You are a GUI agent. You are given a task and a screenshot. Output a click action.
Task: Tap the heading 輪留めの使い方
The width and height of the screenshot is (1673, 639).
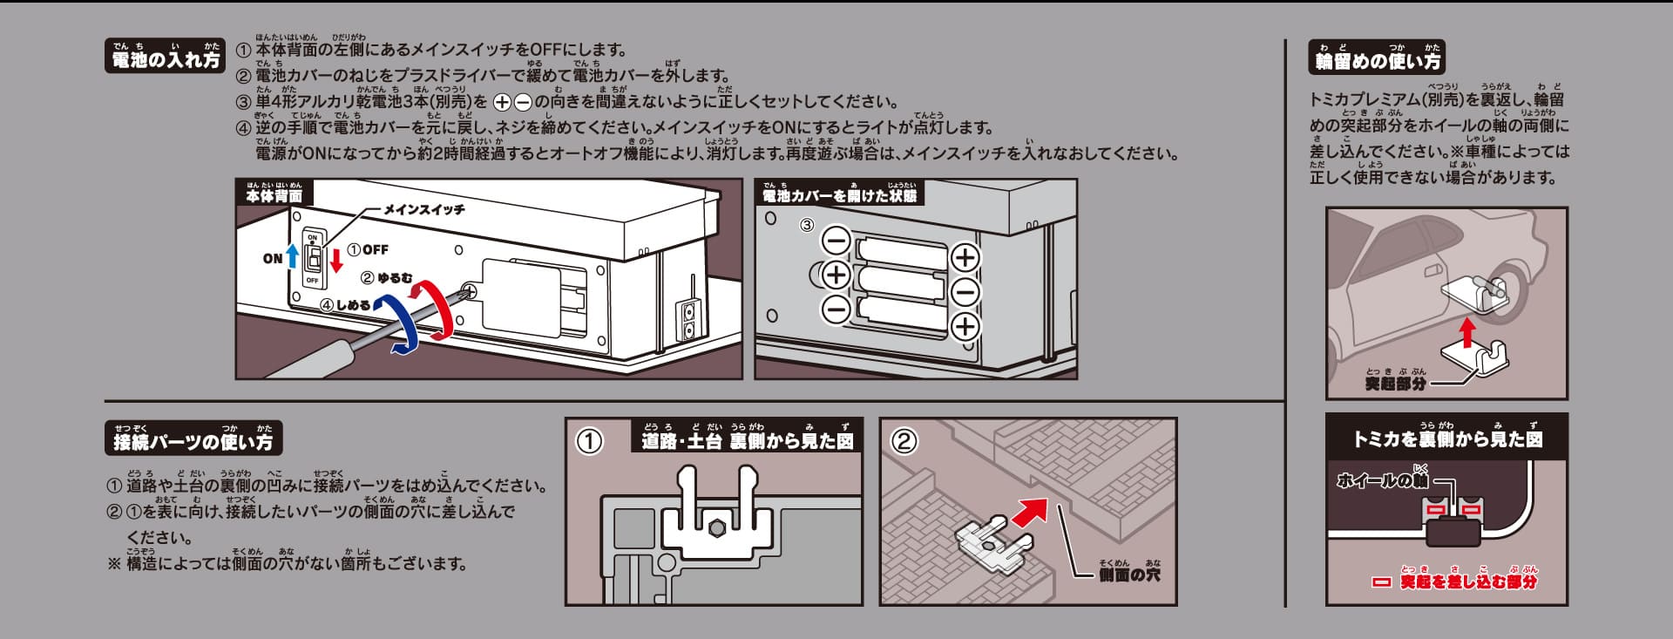point(1378,57)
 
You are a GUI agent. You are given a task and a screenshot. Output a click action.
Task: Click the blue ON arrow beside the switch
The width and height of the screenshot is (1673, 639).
point(293,256)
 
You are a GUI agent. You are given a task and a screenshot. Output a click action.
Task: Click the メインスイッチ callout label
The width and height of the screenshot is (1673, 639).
point(424,210)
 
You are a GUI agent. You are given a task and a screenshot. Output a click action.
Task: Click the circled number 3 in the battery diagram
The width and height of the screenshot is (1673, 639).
point(807,225)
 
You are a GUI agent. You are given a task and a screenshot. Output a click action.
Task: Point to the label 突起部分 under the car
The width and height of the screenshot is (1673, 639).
point(1396,382)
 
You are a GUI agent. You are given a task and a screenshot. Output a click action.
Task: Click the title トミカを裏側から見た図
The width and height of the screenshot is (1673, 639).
point(1447,438)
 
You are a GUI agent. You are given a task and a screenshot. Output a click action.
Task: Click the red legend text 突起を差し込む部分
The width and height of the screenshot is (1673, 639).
point(1469,581)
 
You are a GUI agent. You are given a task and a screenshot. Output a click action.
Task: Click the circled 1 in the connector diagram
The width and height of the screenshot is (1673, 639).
point(590,441)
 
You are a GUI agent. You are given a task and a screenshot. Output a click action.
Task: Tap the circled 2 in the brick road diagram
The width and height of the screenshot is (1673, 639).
point(904,441)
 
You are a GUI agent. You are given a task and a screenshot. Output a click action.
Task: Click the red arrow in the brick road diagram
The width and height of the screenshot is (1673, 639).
point(1030,513)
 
